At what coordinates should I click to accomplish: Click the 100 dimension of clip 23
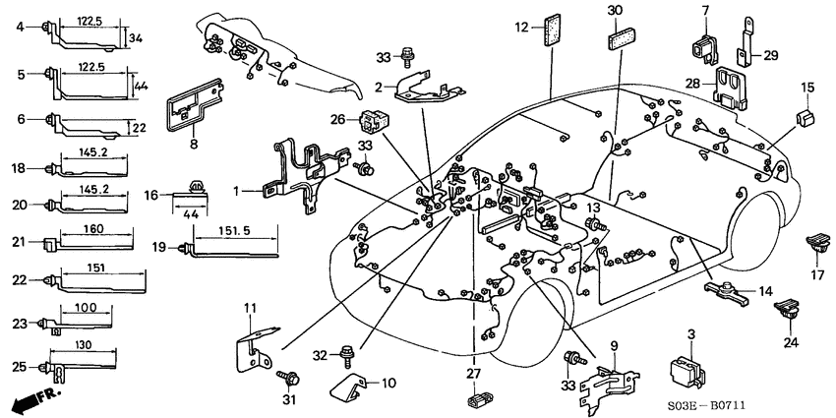point(85,308)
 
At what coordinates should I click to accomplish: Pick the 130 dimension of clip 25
point(86,345)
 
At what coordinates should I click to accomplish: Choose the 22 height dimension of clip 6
point(139,127)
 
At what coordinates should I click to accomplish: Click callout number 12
point(521,29)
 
